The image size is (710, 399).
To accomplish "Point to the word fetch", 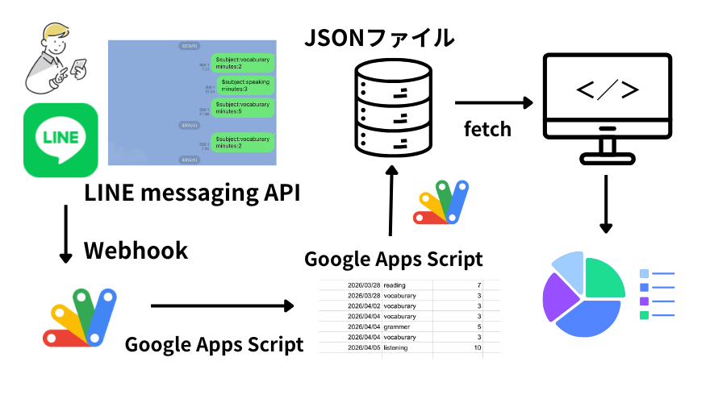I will point(487,128).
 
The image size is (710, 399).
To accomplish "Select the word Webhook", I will point(136,250).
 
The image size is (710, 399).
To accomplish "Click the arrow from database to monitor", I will point(495,102).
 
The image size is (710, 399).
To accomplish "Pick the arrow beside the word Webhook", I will point(65,234).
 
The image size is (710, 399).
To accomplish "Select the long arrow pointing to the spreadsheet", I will point(222,306).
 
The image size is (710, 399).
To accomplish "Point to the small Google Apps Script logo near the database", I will point(441,203).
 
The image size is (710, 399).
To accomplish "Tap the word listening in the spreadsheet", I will point(396,347).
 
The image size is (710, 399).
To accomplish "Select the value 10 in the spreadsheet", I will point(477,347).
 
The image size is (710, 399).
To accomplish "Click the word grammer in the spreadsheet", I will point(398,326).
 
